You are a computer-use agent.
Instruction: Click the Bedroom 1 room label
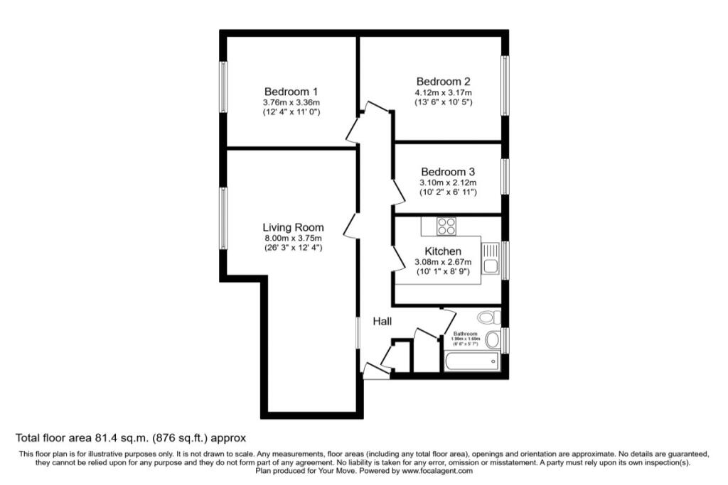pos(291,92)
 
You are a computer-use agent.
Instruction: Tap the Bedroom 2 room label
pos(444,82)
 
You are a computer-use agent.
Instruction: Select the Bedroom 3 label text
pos(448,172)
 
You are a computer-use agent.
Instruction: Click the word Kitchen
pos(443,251)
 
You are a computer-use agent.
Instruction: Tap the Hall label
pos(383,322)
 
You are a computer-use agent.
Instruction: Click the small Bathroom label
pos(466,333)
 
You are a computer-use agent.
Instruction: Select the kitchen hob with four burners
pos(446,227)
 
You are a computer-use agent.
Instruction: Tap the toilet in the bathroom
pos(489,317)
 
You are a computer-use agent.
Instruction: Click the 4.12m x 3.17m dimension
pos(444,92)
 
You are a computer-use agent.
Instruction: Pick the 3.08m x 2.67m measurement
pos(443,262)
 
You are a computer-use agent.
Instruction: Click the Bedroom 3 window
pos(505,176)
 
